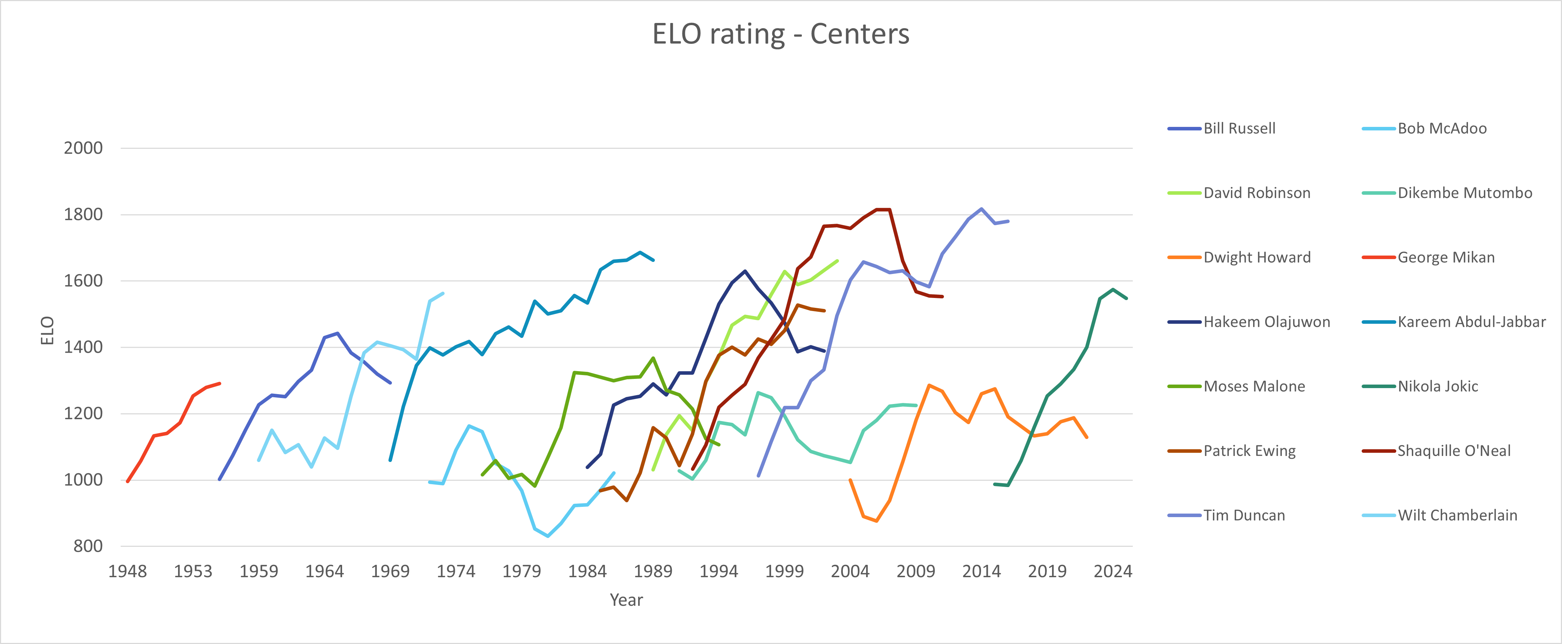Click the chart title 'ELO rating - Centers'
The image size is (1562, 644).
click(x=780, y=34)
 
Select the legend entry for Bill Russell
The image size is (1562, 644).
click(x=1239, y=129)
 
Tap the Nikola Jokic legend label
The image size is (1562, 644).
click(x=1437, y=386)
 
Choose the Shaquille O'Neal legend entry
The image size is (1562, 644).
click(x=1454, y=451)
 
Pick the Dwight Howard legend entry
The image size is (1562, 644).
click(x=1256, y=257)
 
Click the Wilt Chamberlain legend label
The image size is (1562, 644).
click(x=1457, y=515)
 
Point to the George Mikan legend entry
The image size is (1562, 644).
click(x=1446, y=257)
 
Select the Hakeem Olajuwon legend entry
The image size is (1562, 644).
click(x=1266, y=322)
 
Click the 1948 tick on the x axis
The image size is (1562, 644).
click(x=127, y=571)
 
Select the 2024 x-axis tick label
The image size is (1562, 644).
click(x=1113, y=571)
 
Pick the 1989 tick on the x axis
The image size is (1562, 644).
click(x=653, y=571)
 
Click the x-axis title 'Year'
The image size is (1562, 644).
click(x=626, y=600)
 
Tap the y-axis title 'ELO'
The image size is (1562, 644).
click(x=47, y=330)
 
